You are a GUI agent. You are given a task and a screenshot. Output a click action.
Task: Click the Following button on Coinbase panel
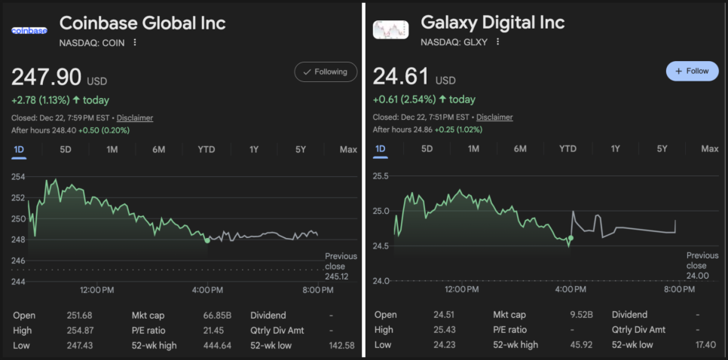[x=326, y=72]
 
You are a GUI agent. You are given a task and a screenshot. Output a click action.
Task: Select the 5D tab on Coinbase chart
[x=66, y=149]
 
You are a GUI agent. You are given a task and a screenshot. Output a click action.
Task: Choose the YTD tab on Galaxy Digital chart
[x=567, y=148]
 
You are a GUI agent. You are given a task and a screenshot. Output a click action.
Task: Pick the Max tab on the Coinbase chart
[x=348, y=149]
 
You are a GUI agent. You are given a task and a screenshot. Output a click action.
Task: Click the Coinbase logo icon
[x=29, y=30]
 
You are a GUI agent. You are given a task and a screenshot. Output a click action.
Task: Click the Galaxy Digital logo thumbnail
[x=390, y=30]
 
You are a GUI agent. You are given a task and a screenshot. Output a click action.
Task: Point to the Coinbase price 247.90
[x=46, y=77]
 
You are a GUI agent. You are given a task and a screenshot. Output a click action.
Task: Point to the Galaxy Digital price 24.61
[x=401, y=77]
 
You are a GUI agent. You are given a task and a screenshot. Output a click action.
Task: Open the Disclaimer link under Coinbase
[x=134, y=117]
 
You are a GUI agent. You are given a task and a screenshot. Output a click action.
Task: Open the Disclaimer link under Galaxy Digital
[x=494, y=117]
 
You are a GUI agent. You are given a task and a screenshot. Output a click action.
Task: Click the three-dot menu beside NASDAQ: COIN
[x=135, y=43]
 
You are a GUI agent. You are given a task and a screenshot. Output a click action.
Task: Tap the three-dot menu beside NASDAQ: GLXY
[x=497, y=43]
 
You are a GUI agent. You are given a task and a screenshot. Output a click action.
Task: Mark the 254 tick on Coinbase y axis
[x=17, y=177]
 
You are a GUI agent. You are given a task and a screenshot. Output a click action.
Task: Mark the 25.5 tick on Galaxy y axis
[x=381, y=175]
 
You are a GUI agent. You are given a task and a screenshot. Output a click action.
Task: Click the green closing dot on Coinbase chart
[x=207, y=240]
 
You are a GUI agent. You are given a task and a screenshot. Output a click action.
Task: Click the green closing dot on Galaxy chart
[x=570, y=238]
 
